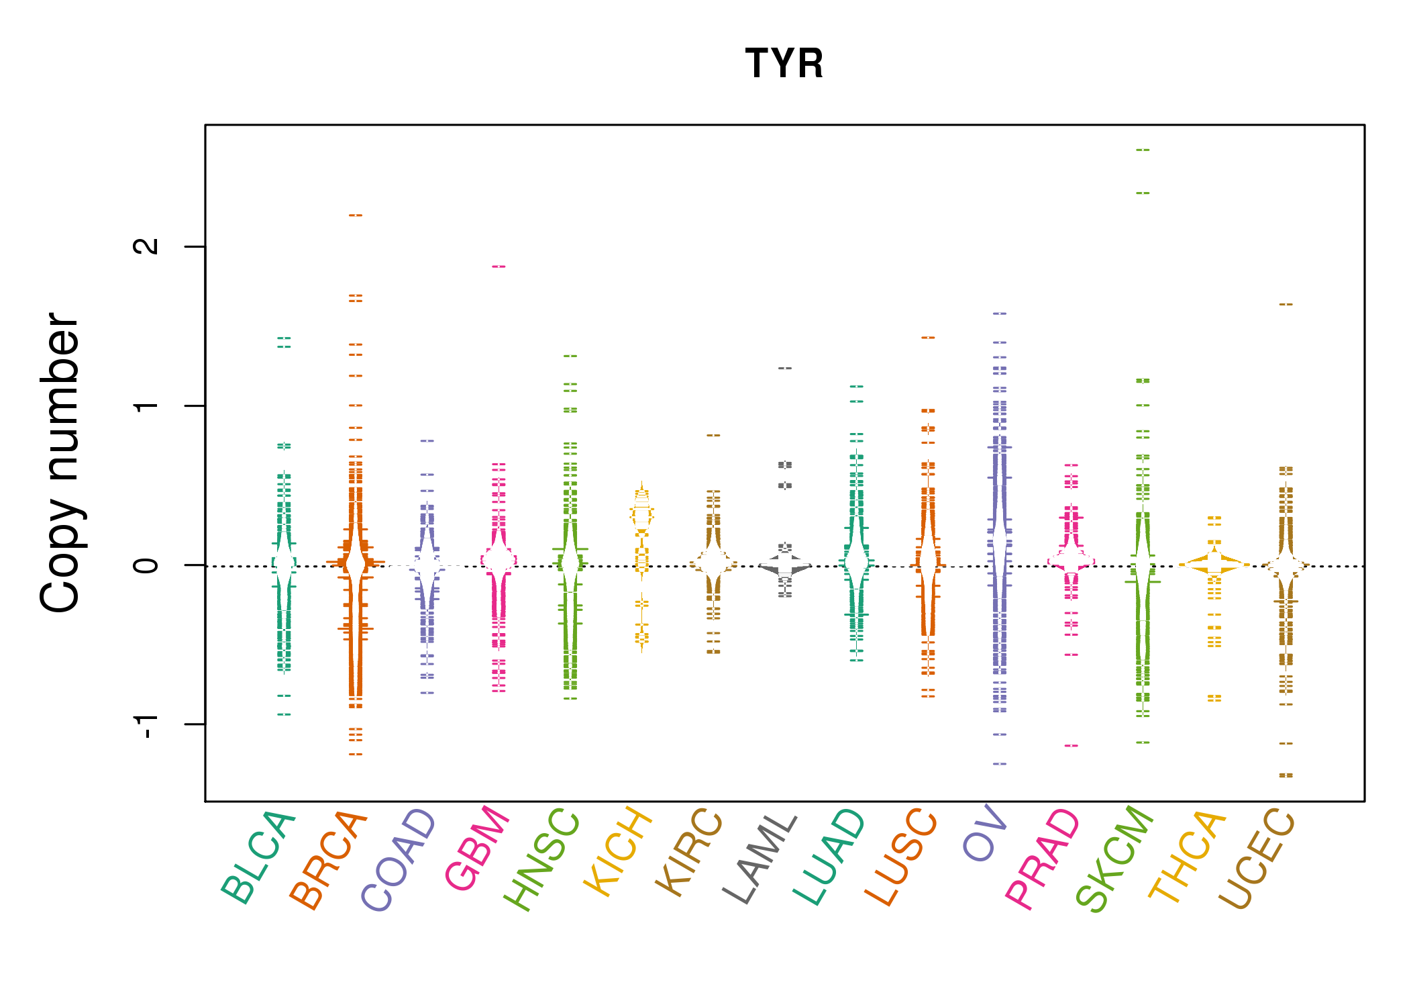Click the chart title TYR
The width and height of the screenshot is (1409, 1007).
pos(784,64)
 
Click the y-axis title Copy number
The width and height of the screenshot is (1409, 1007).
pos(60,463)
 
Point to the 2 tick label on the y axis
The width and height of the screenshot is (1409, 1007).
pos(146,246)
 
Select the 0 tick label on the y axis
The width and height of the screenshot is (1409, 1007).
pos(146,565)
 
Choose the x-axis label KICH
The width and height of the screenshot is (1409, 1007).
pos(618,852)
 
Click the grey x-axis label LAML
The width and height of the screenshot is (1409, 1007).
pos(760,859)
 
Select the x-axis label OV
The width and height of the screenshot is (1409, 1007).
pos(985,833)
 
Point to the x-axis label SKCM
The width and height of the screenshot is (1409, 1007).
pos(1114,859)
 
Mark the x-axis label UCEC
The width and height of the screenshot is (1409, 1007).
pos(1257,859)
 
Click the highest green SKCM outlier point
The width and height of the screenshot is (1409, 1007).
pos(1143,150)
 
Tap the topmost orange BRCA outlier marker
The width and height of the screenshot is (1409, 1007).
pos(356,215)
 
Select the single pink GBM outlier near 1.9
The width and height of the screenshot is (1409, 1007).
pos(499,267)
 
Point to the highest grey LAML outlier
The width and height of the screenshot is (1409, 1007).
pos(785,368)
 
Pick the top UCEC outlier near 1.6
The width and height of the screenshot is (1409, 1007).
pos(1286,304)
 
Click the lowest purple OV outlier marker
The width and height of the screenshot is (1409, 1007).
pos(1000,763)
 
